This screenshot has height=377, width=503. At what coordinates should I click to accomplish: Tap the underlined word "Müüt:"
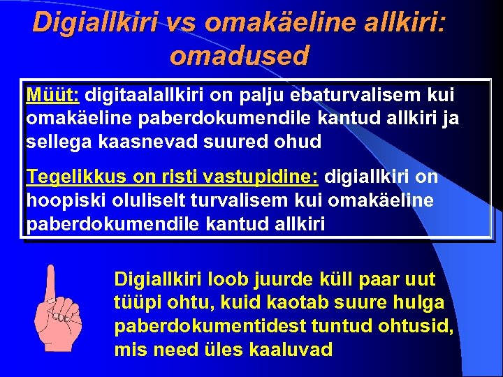pyautogui.click(x=53, y=94)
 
